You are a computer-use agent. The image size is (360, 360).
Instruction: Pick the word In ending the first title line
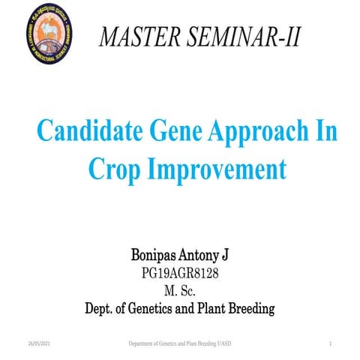pos(326,133)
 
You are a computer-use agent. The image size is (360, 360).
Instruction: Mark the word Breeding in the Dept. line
pos(251,307)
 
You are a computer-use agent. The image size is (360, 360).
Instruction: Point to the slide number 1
pos(330,343)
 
